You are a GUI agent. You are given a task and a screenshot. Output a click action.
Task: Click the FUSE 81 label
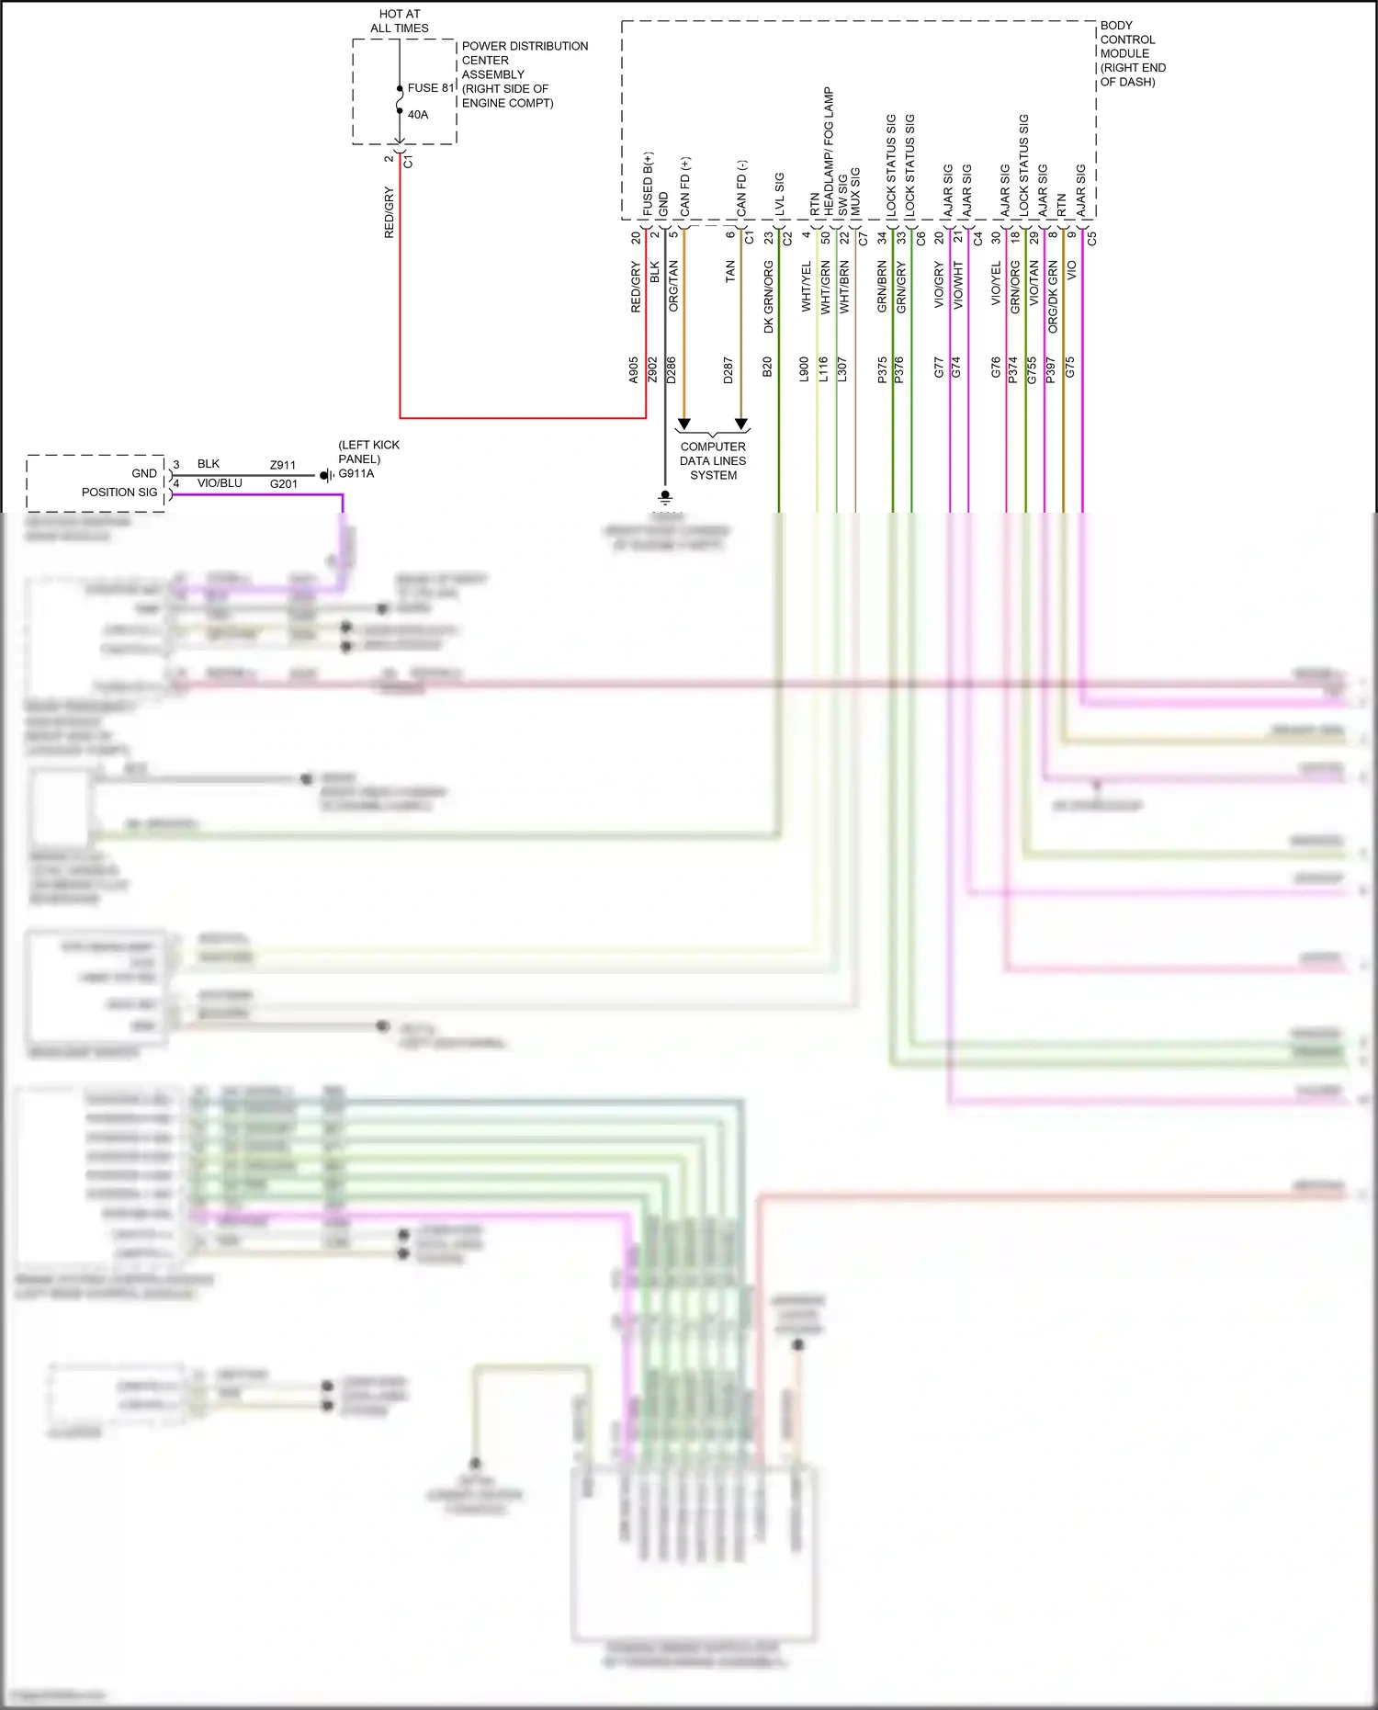tap(430, 88)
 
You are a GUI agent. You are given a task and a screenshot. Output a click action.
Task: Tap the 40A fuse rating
tap(418, 115)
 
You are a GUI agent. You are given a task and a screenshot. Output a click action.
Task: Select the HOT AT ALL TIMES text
tap(400, 21)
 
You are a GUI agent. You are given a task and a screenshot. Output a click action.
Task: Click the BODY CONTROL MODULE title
tap(1132, 53)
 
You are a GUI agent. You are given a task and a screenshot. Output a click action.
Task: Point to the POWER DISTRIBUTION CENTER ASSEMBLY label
tap(524, 74)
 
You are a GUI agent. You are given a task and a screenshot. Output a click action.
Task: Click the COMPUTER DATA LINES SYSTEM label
tap(713, 461)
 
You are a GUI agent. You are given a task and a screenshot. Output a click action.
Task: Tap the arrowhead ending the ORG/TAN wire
tap(683, 425)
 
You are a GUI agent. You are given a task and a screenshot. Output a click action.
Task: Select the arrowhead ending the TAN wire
tap(741, 425)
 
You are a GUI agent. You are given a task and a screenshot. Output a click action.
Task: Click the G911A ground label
tap(356, 474)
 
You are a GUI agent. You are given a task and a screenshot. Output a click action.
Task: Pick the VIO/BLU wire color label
tap(220, 483)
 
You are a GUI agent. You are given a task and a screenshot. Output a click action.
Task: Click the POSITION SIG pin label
tap(119, 493)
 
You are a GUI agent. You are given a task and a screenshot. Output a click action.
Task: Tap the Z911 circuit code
tap(283, 465)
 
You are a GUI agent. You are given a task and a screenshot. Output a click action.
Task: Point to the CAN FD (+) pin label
tap(685, 187)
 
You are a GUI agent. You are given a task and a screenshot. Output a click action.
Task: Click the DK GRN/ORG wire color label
tap(769, 297)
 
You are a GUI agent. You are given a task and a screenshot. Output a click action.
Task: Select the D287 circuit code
tap(729, 370)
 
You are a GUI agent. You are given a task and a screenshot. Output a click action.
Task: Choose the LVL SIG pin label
tap(780, 194)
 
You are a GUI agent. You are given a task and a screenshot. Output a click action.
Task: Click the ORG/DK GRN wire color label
tap(1053, 297)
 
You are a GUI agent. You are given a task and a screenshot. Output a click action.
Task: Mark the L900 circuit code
tap(804, 370)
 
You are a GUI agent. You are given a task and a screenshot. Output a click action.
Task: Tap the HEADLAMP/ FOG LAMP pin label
tap(829, 152)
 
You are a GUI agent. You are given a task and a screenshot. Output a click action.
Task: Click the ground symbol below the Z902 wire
tap(665, 498)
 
